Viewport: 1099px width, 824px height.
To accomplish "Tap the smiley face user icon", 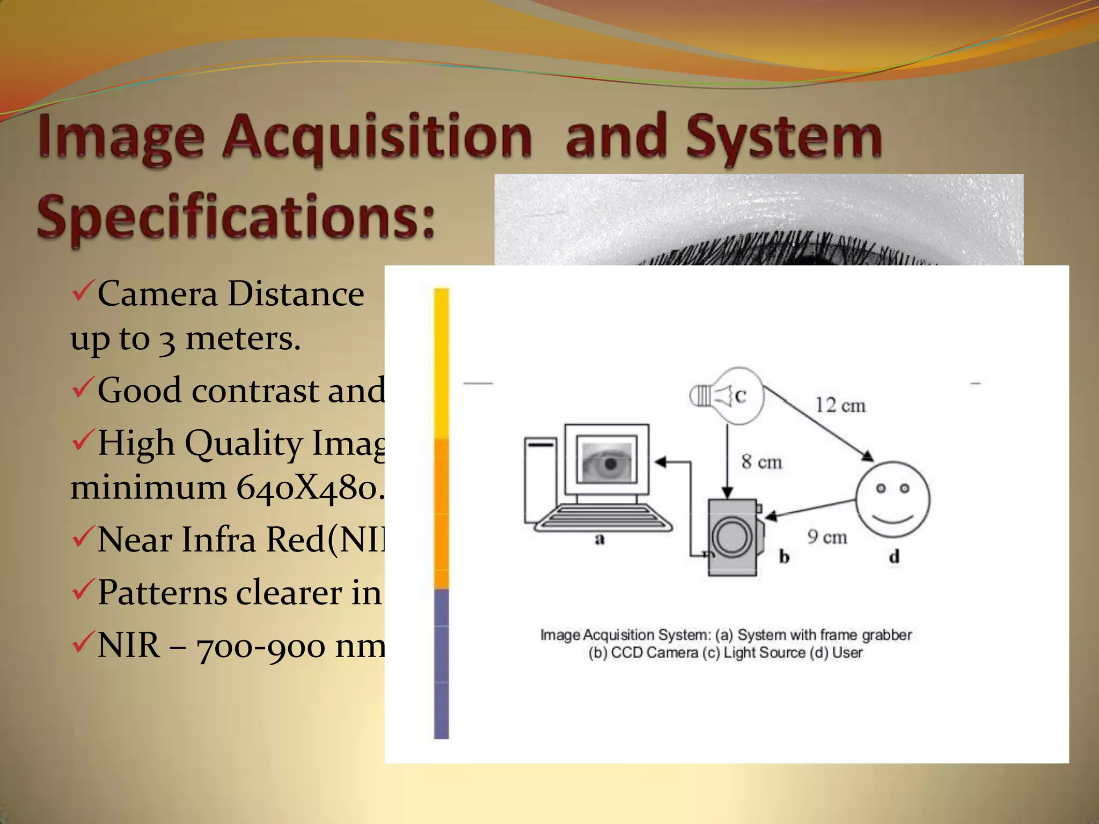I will pyautogui.click(x=892, y=499).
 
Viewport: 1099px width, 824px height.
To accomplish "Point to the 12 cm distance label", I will pyautogui.click(x=840, y=405).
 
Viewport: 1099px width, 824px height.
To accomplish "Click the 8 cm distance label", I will pyautogui.click(x=761, y=461).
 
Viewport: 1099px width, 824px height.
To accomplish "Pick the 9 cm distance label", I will pyautogui.click(x=827, y=536).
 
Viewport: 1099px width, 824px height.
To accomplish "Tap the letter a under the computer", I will pyautogui.click(x=599, y=539).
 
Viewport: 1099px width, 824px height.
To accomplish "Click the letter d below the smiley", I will pyautogui.click(x=893, y=557).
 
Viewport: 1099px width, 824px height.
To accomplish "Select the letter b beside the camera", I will pyautogui.click(x=784, y=557).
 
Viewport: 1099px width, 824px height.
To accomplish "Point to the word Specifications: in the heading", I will pyautogui.click(x=236, y=218).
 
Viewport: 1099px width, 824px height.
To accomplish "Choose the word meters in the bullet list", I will pyautogui.click(x=243, y=339).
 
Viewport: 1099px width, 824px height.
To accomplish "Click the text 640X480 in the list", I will pyautogui.click(x=309, y=488).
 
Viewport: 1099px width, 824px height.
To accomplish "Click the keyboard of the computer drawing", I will pyautogui.click(x=603, y=518).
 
